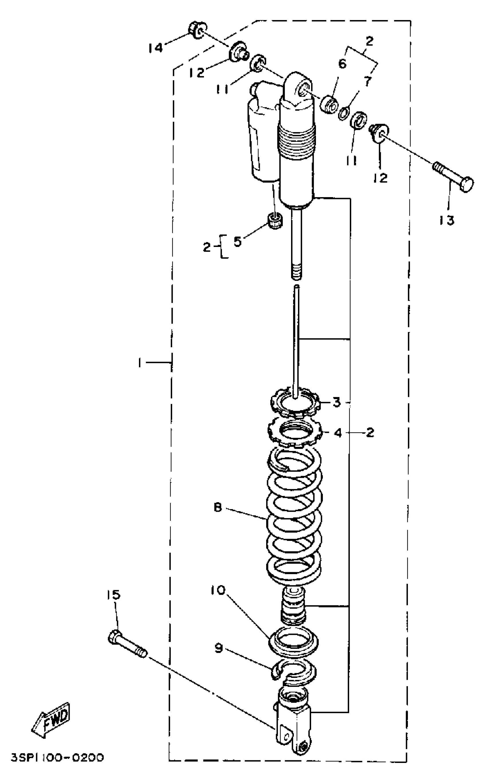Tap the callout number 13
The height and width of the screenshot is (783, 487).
446,221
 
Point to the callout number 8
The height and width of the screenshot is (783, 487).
218,508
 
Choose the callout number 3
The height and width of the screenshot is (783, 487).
336,402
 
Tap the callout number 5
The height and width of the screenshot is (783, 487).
237,242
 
